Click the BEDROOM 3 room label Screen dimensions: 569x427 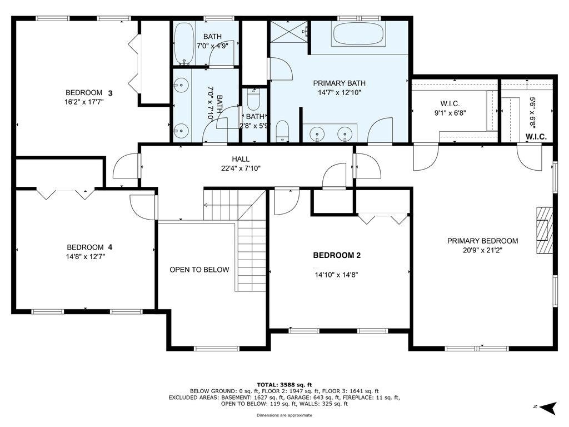[89, 93]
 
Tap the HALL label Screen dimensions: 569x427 [241, 159]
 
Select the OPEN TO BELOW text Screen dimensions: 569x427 [199, 270]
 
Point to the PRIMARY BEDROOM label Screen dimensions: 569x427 [482, 241]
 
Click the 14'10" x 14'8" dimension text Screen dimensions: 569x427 [336, 275]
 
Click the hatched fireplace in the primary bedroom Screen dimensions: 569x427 [545, 230]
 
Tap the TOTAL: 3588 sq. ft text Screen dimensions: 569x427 [284, 385]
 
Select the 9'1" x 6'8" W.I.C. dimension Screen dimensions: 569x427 [450, 113]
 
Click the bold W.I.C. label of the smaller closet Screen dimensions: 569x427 [536, 137]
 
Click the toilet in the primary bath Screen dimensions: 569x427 [282, 131]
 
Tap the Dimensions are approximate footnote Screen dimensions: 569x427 [284, 415]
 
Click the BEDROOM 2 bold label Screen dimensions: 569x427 [337, 255]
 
